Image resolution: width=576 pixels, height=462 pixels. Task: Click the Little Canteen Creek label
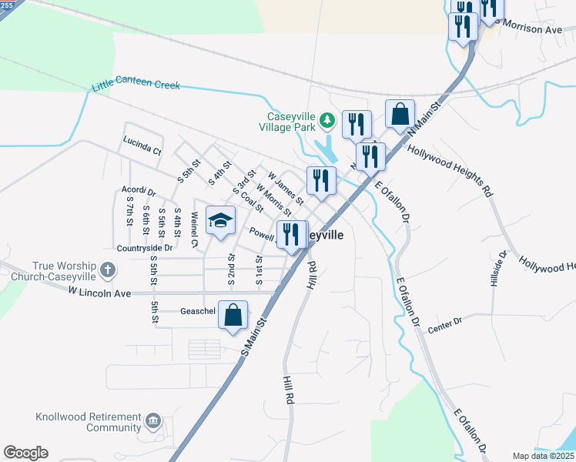(136, 85)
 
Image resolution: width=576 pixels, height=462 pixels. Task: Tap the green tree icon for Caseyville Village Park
(327, 120)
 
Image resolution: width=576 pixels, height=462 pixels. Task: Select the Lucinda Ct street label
(142, 146)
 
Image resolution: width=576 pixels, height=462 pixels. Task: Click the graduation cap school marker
(220, 221)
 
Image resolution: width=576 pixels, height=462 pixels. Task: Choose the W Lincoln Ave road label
(100, 292)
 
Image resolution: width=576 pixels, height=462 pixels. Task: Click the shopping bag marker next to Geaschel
(233, 315)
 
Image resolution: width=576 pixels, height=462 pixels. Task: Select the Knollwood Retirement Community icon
(153, 420)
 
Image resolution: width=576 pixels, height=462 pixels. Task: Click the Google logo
(25, 453)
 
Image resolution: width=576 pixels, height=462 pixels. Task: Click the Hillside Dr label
(498, 269)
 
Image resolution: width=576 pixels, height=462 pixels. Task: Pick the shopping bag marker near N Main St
(400, 115)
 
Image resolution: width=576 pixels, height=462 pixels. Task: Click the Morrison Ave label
(531, 28)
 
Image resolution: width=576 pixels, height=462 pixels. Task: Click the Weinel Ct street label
(195, 230)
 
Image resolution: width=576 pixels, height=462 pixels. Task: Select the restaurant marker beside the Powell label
(291, 234)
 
